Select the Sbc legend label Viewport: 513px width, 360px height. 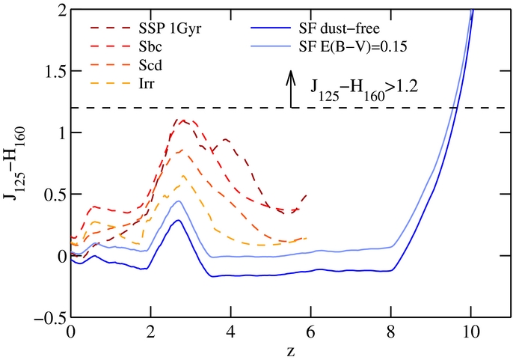141,47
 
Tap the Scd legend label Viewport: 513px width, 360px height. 141,64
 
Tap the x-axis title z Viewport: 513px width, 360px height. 291,349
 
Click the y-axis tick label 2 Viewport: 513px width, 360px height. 60,10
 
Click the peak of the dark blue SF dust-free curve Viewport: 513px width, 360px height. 178,220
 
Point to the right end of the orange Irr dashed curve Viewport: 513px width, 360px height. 307,238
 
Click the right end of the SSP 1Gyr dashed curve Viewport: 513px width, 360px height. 306,195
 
